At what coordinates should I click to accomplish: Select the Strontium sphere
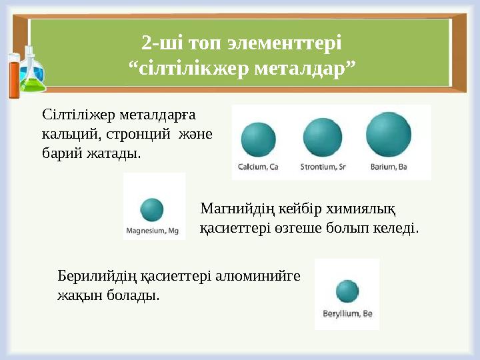click(323, 137)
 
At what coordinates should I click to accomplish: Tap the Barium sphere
click(389, 135)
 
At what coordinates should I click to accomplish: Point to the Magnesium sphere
click(153, 209)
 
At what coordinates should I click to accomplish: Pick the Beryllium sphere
click(347, 291)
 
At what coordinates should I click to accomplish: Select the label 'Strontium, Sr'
click(323, 167)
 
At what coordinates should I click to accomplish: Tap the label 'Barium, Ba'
click(389, 167)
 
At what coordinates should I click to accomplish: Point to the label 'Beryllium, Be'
click(347, 313)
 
